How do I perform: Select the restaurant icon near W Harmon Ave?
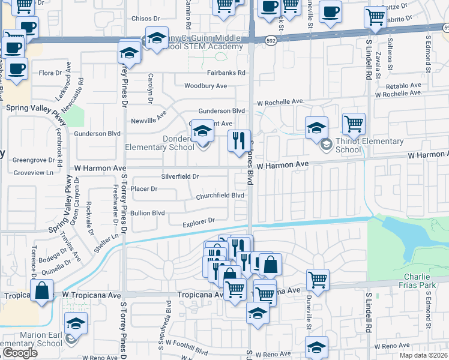click(x=240, y=141)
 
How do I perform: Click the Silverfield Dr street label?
click(x=179, y=177)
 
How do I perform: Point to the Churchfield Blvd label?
click(x=220, y=196)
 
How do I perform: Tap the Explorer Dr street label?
click(x=198, y=221)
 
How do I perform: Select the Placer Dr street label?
click(x=143, y=189)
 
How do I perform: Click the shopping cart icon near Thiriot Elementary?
click(x=354, y=124)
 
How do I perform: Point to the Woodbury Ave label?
click(x=205, y=86)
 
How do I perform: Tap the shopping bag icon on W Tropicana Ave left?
click(x=43, y=291)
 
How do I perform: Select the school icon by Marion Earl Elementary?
click(x=76, y=323)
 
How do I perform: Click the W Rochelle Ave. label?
click(x=281, y=102)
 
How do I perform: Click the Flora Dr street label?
click(x=50, y=73)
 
